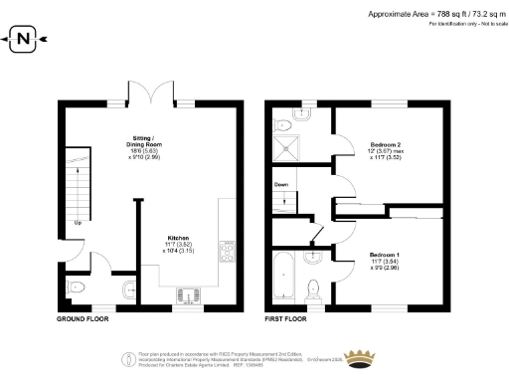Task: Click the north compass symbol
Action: point(24,41)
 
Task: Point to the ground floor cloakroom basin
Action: point(129,289)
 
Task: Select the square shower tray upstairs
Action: point(288,149)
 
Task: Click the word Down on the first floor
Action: point(281,184)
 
